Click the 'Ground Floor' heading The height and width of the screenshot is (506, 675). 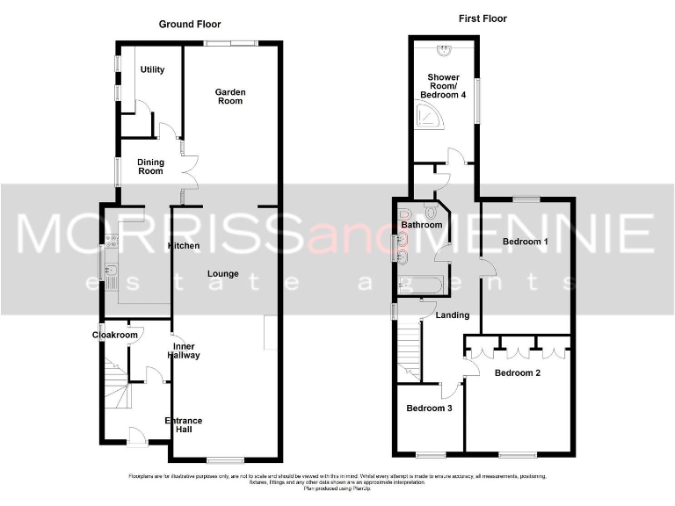tap(190, 25)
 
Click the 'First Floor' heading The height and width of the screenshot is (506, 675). tap(483, 18)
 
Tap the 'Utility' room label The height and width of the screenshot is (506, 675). tap(152, 69)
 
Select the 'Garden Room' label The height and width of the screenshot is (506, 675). tap(231, 96)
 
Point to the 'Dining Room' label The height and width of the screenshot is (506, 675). tap(150, 166)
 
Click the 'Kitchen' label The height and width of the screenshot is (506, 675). tap(183, 245)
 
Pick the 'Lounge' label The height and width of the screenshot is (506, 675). tap(223, 273)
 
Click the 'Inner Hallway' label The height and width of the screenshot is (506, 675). tap(185, 351)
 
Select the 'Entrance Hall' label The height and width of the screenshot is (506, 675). tap(184, 426)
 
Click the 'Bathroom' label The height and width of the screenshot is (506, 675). tap(421, 226)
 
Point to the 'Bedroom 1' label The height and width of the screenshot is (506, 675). tap(525, 241)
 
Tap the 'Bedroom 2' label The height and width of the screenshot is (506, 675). tap(518, 372)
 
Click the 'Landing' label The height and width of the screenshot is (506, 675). tap(452, 314)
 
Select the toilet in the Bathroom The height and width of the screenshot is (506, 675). tap(431, 212)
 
